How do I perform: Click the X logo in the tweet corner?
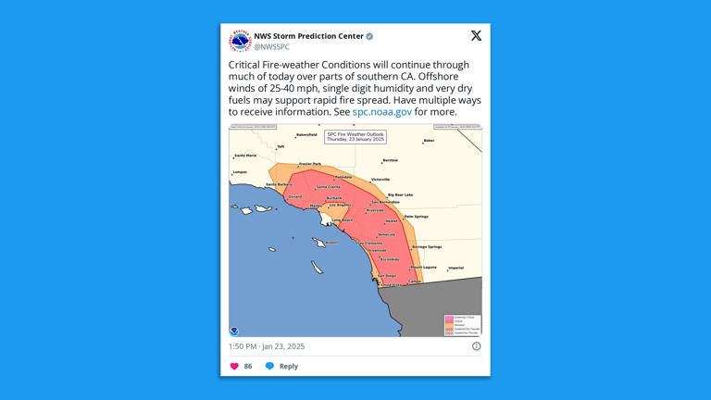(x=476, y=36)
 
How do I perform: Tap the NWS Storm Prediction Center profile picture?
(x=240, y=41)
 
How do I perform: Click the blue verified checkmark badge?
(x=369, y=36)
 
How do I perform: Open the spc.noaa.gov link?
(x=381, y=112)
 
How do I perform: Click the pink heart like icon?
(x=234, y=366)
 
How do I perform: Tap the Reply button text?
(x=288, y=366)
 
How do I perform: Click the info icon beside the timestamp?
(x=476, y=346)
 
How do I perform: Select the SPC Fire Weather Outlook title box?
(x=355, y=136)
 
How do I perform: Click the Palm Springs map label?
(x=417, y=216)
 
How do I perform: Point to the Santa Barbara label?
(x=278, y=184)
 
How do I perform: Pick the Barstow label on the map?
(x=390, y=160)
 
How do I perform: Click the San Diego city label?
(x=385, y=275)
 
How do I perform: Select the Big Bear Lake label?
(x=400, y=194)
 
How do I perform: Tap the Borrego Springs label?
(x=426, y=247)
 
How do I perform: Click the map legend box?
(x=462, y=324)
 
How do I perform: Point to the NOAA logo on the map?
(x=234, y=331)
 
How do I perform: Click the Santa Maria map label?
(x=245, y=156)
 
